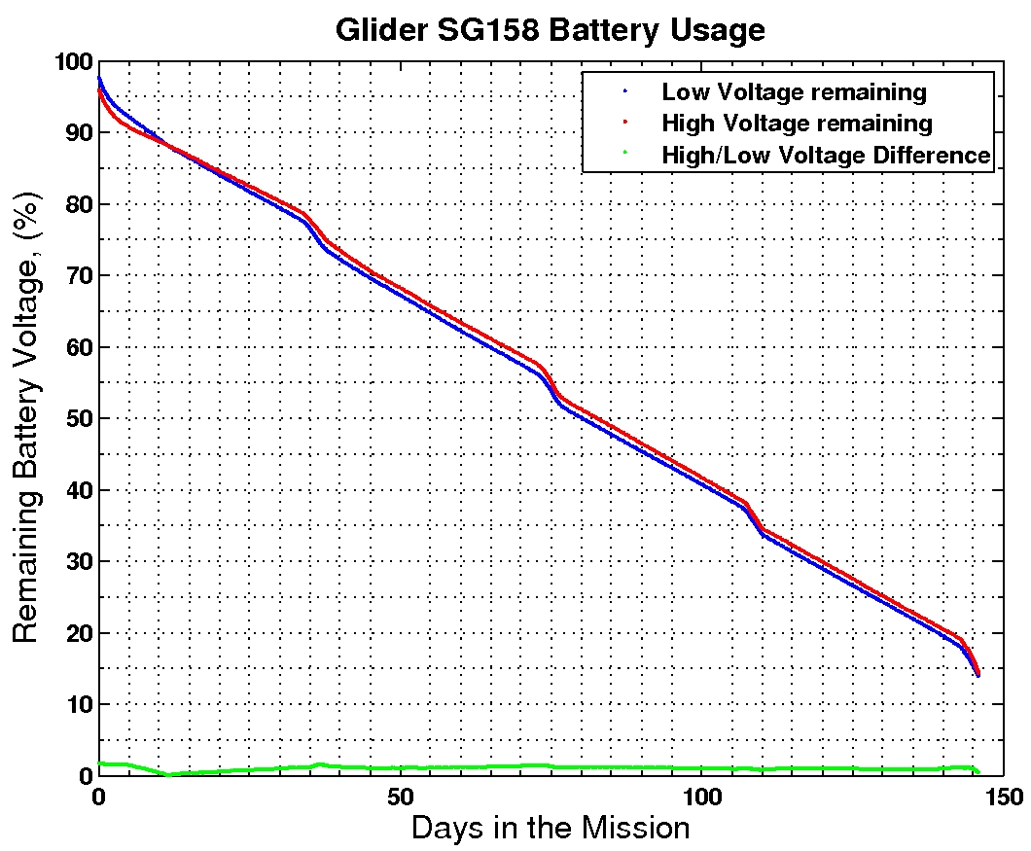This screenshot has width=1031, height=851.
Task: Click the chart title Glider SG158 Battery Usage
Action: click(550, 30)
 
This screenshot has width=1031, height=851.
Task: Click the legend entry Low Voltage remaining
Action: click(794, 92)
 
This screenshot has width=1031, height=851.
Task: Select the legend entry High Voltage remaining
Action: click(797, 124)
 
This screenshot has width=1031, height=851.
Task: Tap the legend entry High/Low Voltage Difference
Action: click(826, 155)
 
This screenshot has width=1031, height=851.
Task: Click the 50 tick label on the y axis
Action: click(76, 419)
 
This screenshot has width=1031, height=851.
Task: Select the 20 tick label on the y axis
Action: click(76, 633)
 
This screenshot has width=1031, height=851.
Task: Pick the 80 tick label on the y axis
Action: click(76, 205)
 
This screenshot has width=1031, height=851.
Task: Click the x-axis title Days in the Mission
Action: click(550, 830)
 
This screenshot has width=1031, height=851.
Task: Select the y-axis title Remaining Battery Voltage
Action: click(27, 418)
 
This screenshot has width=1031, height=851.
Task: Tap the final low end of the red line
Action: click(978, 673)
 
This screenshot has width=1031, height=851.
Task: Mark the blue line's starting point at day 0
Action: click(98, 78)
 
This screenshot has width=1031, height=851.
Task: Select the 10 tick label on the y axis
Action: click(76, 705)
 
